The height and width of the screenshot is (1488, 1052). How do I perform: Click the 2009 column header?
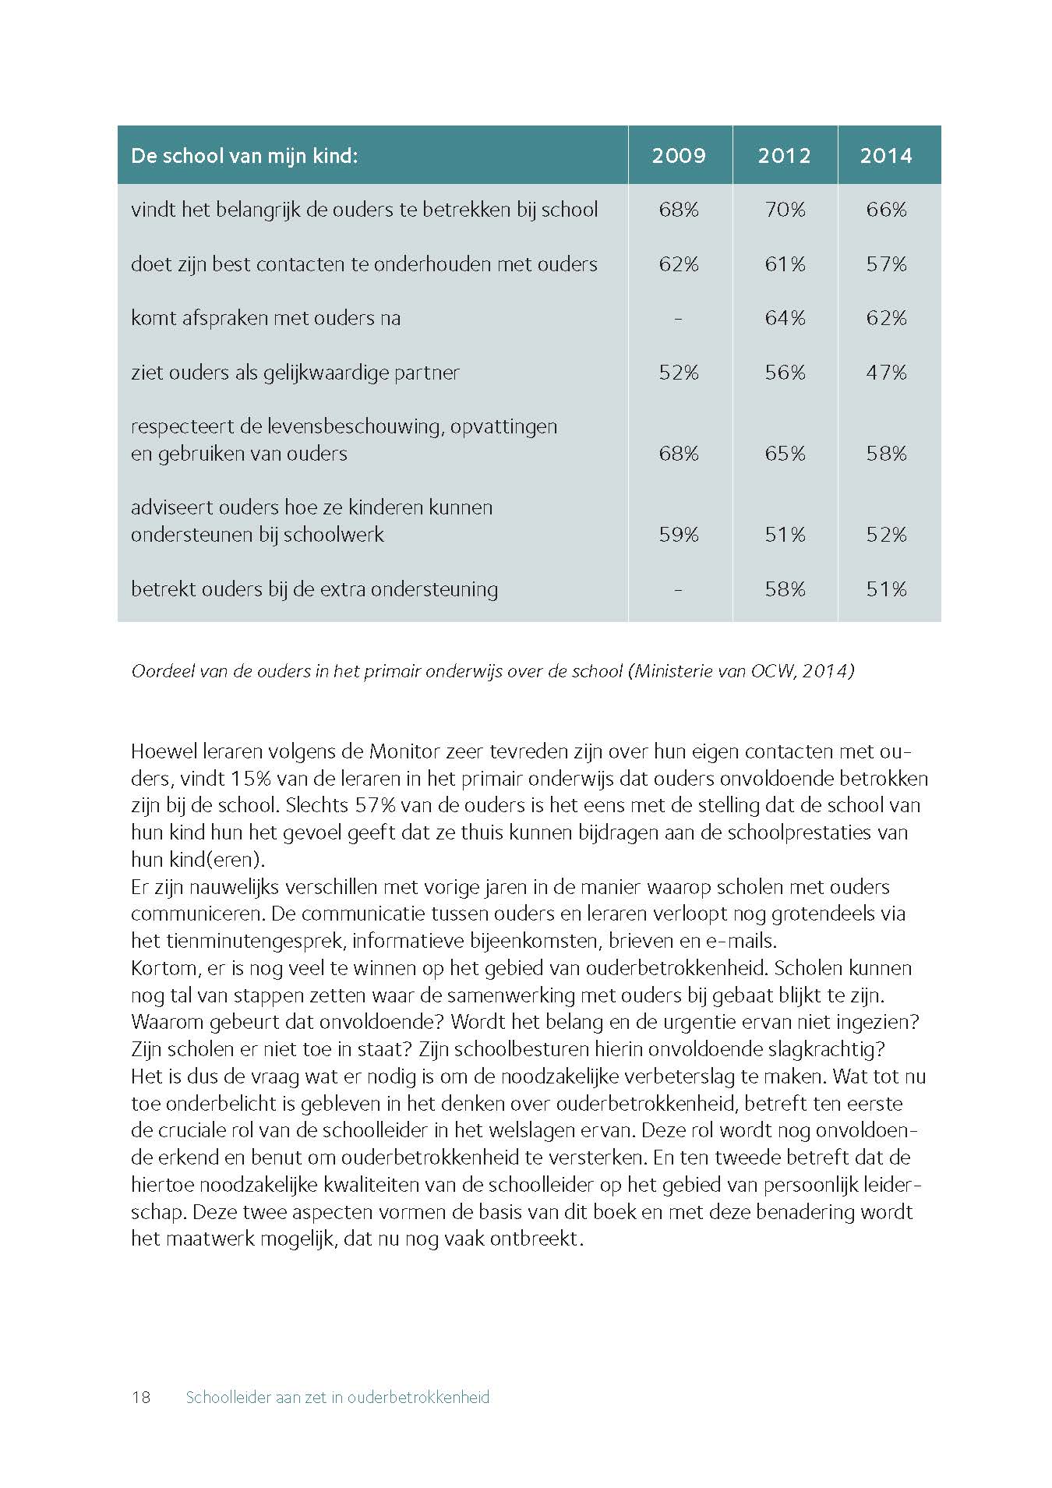tap(679, 155)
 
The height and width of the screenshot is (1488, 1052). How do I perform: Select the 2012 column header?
tap(784, 155)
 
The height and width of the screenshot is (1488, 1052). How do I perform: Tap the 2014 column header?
tap(886, 155)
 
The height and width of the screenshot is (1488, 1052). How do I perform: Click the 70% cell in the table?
tap(784, 210)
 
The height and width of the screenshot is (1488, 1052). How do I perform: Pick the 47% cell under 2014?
tap(886, 373)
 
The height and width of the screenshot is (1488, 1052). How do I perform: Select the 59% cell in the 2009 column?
tap(679, 535)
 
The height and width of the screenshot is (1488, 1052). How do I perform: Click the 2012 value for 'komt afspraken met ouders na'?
tap(784, 318)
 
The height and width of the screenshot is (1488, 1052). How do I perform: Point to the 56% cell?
tap(784, 373)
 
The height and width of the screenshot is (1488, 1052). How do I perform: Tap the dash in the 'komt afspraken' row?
tap(679, 318)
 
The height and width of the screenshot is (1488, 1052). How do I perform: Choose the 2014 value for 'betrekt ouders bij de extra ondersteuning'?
tap(886, 589)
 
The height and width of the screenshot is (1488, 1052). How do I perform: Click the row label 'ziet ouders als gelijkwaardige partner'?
tap(295, 373)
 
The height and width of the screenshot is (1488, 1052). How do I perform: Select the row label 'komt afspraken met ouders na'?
tap(265, 318)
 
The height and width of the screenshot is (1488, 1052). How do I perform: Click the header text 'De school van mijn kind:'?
tap(244, 155)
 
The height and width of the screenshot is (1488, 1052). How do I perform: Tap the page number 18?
tap(141, 1397)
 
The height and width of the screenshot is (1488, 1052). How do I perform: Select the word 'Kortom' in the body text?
tap(163, 968)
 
